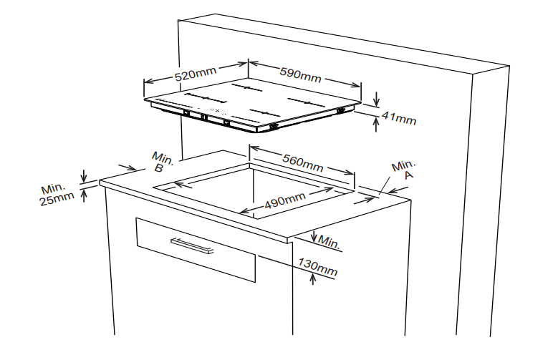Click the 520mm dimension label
click(196, 74)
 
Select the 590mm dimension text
click(300, 75)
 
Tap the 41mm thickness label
click(399, 117)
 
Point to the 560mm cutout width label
click(302, 162)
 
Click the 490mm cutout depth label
click(285, 200)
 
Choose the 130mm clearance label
click(318, 267)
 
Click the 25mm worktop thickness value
click(57, 199)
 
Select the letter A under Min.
click(409, 175)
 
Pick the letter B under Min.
click(159, 168)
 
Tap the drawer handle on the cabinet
click(192, 246)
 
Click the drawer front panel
click(196, 249)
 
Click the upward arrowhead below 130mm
click(312, 278)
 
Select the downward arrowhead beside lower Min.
click(314, 238)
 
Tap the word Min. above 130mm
click(330, 242)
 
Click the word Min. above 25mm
click(53, 188)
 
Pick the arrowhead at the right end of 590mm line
click(356, 84)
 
